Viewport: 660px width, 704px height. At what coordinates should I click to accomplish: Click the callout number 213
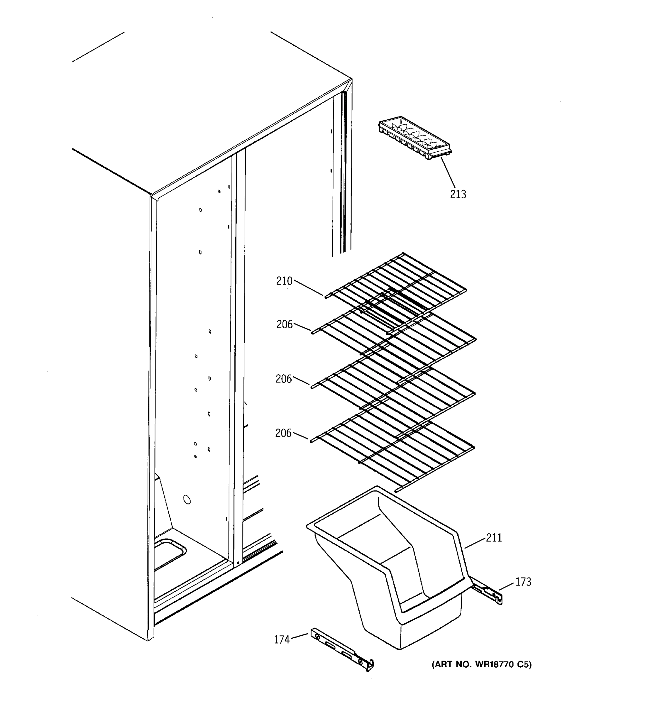tap(458, 194)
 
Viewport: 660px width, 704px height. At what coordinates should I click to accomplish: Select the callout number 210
tap(284, 281)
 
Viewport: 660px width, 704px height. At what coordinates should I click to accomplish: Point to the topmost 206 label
tap(284, 324)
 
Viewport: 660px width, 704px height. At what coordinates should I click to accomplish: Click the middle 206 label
tap(284, 379)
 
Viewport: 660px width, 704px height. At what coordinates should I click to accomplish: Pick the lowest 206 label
tap(283, 433)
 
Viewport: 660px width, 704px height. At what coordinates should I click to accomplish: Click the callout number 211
tap(494, 538)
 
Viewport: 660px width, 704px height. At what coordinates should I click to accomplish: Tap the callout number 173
tap(523, 582)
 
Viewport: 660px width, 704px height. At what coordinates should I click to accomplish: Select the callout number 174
tap(282, 639)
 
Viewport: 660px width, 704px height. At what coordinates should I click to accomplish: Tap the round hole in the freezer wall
tap(187, 500)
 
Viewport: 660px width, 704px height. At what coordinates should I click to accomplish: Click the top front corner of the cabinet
tap(151, 195)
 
